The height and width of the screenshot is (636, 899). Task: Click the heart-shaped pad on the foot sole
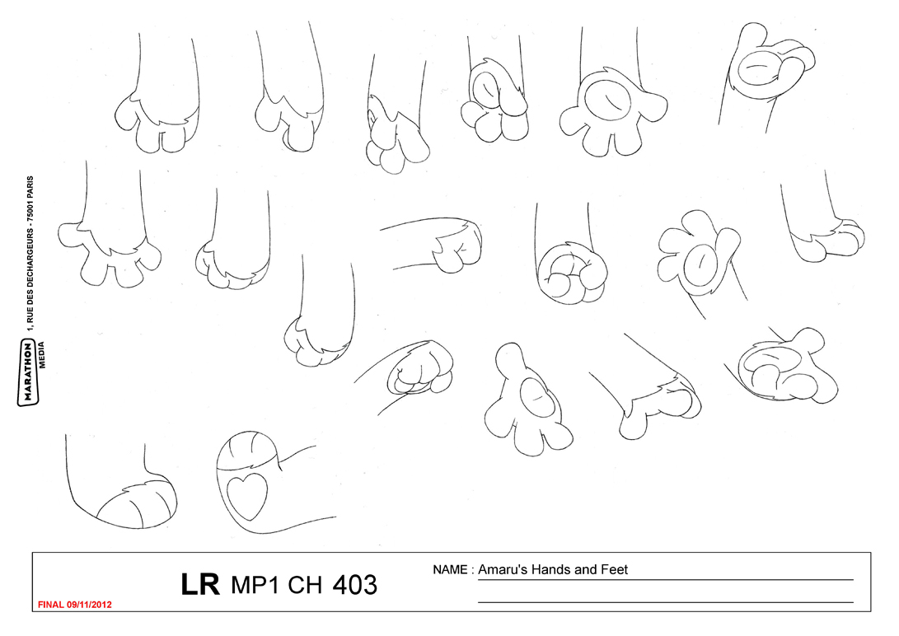[x=247, y=494]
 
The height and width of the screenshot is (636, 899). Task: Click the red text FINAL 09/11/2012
[x=74, y=605]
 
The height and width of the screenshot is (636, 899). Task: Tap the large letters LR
[x=200, y=584]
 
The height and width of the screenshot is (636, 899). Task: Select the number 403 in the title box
[x=355, y=585]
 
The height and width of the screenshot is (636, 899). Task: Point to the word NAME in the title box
[x=450, y=569]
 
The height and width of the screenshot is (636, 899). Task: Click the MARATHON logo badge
[x=27, y=372]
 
